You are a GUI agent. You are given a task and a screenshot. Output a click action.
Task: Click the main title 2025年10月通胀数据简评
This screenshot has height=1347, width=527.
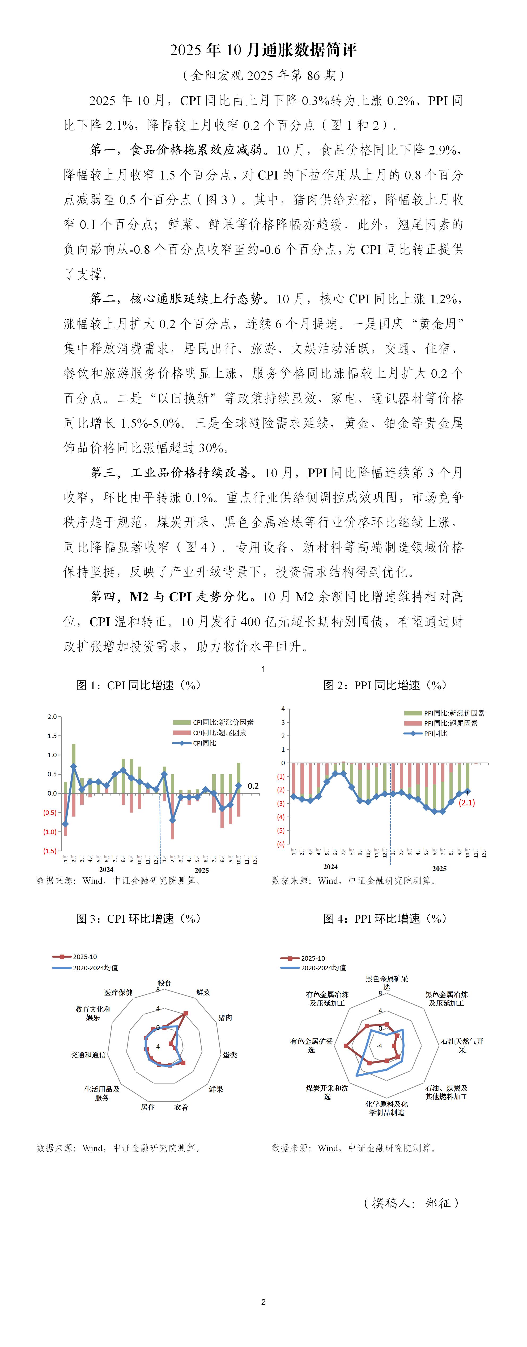(x=263, y=50)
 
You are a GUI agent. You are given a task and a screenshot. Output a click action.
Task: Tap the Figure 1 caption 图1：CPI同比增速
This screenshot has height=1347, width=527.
(x=138, y=685)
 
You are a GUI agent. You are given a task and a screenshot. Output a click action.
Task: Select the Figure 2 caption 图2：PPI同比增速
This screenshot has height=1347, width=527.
(x=385, y=685)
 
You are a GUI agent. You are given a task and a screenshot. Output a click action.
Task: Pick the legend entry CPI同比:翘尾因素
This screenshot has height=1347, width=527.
(x=219, y=733)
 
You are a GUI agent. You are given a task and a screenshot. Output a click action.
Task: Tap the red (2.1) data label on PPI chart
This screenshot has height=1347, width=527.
(x=466, y=803)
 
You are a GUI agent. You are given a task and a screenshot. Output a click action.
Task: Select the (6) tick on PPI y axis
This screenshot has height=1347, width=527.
(x=281, y=844)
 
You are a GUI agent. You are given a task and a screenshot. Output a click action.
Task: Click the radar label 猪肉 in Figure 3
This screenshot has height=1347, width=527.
(x=225, y=1018)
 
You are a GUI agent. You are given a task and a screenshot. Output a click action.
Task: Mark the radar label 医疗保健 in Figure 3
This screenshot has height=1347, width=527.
(x=118, y=993)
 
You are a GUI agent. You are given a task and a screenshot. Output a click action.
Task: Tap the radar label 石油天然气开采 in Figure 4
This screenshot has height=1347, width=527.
(x=462, y=1045)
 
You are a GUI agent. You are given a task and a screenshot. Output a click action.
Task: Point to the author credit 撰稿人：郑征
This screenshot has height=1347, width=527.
(x=411, y=1203)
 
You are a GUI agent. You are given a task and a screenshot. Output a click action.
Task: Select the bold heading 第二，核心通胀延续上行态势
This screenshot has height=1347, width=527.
(x=177, y=299)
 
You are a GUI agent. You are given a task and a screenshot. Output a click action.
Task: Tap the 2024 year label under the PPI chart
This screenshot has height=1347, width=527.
(x=330, y=867)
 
